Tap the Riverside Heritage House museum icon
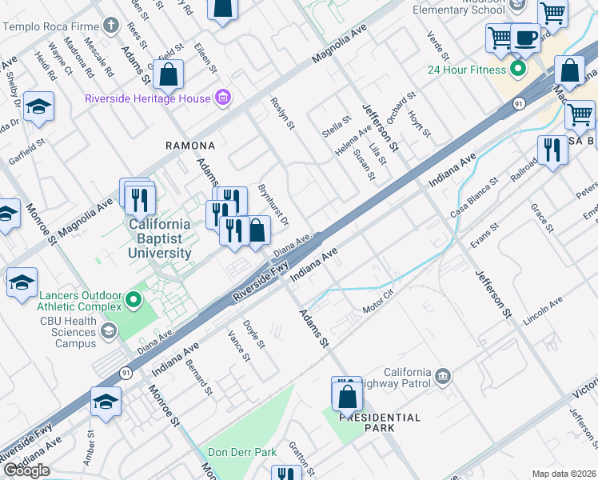coord(223,98)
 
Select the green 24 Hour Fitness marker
coord(518,68)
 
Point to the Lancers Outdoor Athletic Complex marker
coord(133,301)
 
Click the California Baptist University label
coord(161,238)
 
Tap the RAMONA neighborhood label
coord(190,146)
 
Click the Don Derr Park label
coord(242,453)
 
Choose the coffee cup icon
coord(525,38)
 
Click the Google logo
coord(26,470)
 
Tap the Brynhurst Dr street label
coord(273,205)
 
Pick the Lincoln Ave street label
coord(543,310)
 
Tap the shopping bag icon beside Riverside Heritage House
coord(169,76)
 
